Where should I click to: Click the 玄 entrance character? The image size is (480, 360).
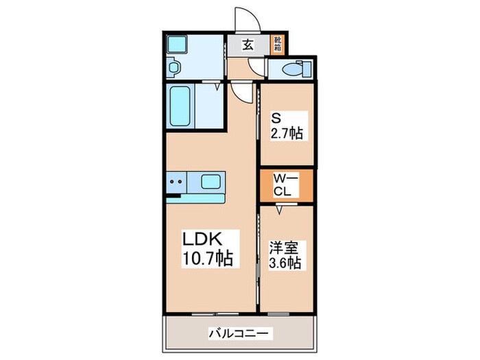(x=248, y=45)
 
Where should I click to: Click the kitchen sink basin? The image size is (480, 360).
(x=211, y=182)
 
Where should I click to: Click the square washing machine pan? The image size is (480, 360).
(x=179, y=45)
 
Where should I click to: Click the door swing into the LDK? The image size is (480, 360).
(x=240, y=90)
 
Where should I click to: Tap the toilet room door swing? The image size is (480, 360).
(x=257, y=67)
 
